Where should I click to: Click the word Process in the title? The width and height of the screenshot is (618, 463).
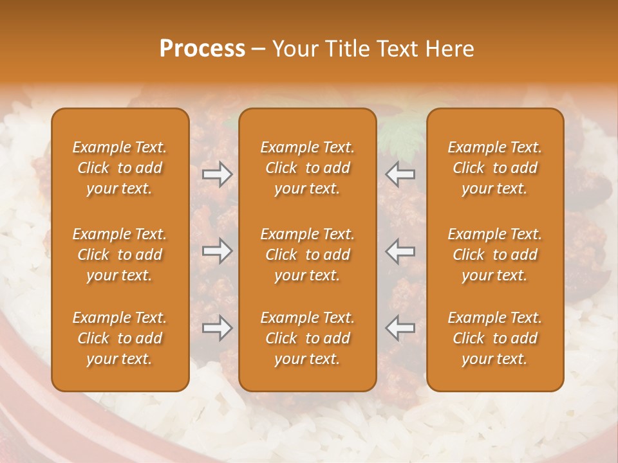202,49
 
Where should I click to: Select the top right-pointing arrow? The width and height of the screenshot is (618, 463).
218,174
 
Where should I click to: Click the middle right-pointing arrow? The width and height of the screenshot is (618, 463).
218,251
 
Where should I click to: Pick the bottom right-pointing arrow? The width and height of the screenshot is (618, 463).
218,328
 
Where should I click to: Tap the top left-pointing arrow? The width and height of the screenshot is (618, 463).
400,174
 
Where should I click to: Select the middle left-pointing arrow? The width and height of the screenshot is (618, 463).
400,251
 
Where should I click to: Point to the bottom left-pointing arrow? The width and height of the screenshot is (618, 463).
400,328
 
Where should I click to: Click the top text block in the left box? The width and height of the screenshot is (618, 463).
120,168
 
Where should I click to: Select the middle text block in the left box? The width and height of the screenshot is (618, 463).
120,255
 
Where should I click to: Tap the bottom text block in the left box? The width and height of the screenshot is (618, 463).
120,338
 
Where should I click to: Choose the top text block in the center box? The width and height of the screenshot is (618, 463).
308,168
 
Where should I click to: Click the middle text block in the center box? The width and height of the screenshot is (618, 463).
308,255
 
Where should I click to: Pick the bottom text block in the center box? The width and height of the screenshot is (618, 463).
308,338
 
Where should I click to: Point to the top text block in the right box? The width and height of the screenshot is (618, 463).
495,168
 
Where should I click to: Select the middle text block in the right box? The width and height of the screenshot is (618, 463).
495,255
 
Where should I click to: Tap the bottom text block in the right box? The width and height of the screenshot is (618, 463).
495,338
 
